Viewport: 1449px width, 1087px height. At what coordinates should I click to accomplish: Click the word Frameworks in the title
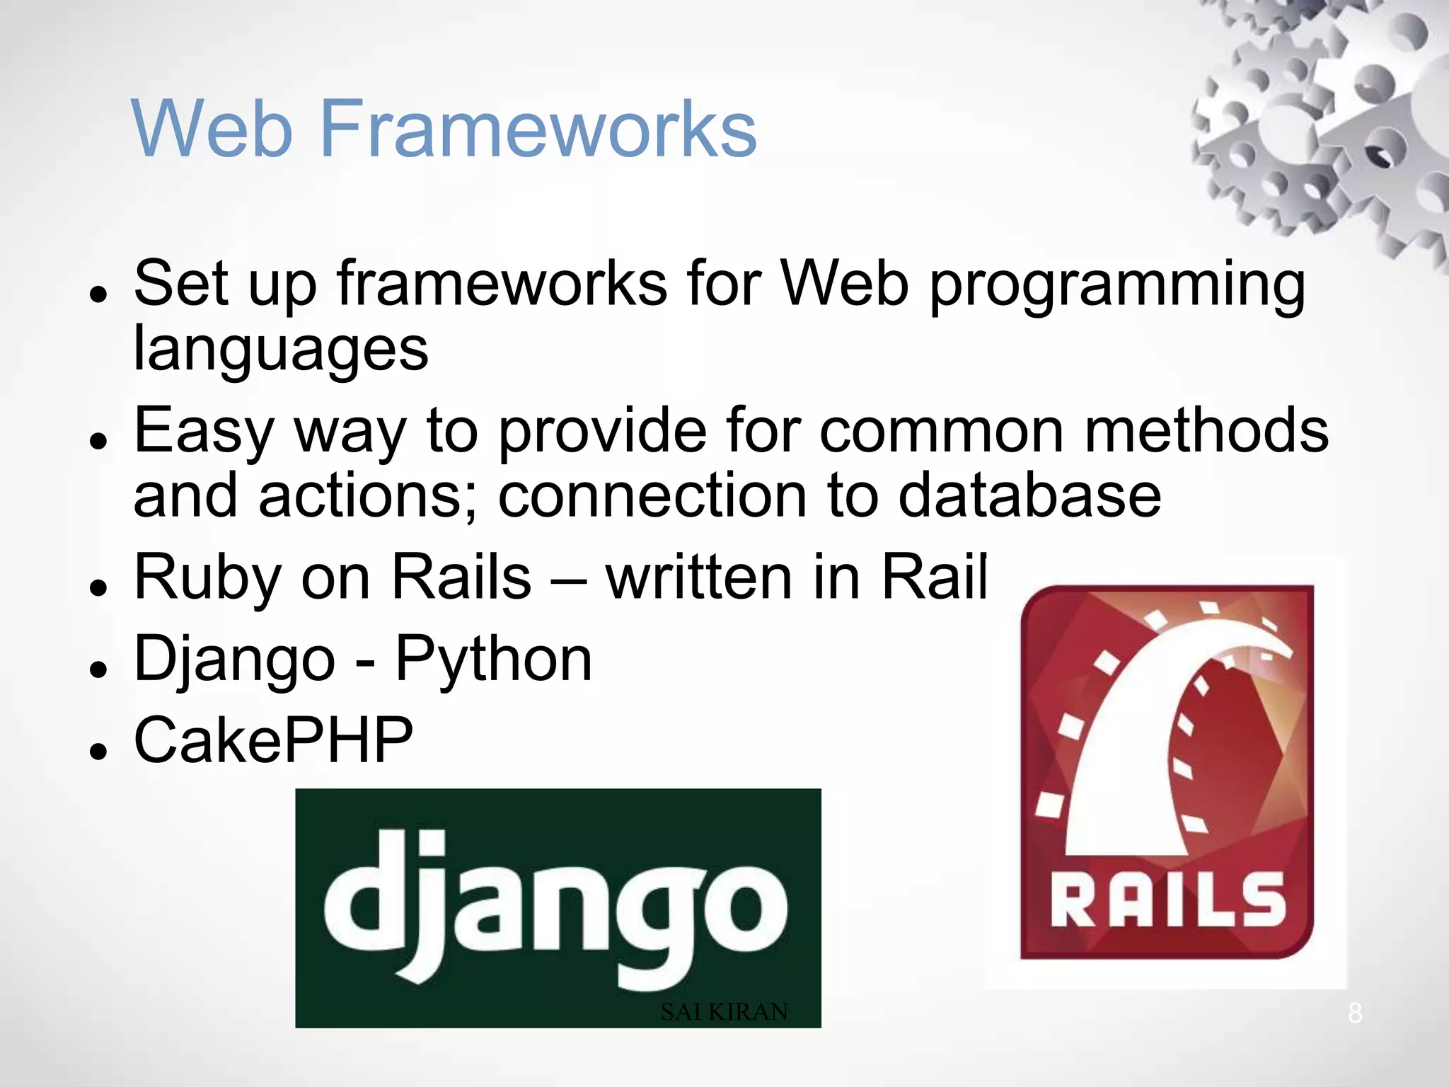pos(539,129)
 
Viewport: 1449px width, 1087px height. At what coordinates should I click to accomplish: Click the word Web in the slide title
pos(212,129)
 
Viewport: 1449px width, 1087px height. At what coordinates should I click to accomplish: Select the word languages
pos(281,350)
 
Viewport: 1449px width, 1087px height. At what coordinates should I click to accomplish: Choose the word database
pos(1029,495)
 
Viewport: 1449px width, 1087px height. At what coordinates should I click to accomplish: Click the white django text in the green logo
pos(555,906)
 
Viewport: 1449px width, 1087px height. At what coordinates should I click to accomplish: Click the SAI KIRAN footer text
pos(724,1012)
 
